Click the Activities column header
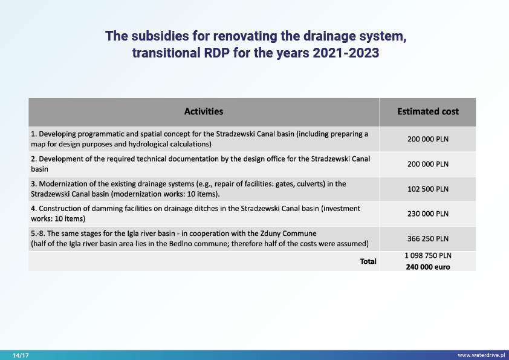[204, 111]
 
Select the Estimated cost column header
[427, 111]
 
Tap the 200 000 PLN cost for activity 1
[427, 139]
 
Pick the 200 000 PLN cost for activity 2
[427, 164]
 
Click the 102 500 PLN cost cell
[427, 189]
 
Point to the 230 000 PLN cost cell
[427, 214]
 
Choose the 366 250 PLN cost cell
[427, 238]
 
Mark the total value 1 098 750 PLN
[427, 256]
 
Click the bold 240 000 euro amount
[427, 267]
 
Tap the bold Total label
[368, 261]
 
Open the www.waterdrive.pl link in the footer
[481, 356]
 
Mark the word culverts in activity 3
[293, 183]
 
